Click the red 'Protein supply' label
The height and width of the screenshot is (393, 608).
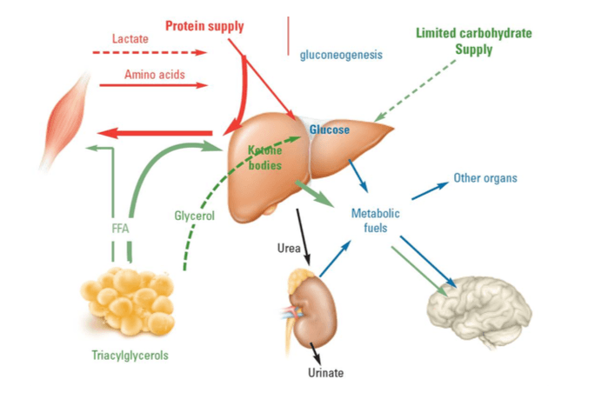pos(204,25)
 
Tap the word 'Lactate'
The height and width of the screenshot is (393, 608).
pos(130,39)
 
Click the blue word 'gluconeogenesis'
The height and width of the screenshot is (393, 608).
pos(341,55)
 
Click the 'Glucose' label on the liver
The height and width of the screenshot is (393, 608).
pos(330,130)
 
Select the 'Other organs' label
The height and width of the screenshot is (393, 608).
pos(485,178)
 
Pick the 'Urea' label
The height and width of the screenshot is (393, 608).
pos(289,248)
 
